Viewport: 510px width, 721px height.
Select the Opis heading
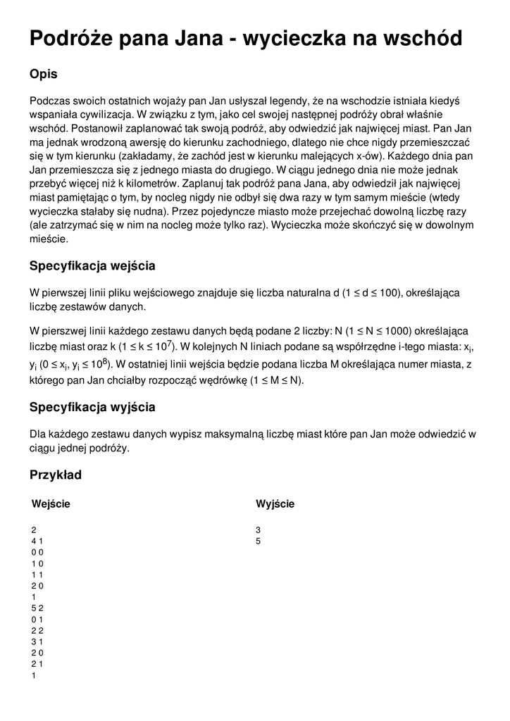point(44,74)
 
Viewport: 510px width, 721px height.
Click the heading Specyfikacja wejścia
point(92,266)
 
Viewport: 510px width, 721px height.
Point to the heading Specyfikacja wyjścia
point(92,407)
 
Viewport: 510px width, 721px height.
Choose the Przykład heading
point(56,475)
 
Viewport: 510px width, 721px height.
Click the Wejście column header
point(51,503)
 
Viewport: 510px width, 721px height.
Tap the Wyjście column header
point(275,503)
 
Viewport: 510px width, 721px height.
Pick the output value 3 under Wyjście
point(259,529)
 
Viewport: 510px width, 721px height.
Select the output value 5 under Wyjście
point(259,541)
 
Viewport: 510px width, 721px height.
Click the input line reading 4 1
point(37,541)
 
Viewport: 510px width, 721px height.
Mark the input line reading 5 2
point(37,608)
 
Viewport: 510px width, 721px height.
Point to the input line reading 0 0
point(37,553)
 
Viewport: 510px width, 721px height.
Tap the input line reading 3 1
point(37,641)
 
